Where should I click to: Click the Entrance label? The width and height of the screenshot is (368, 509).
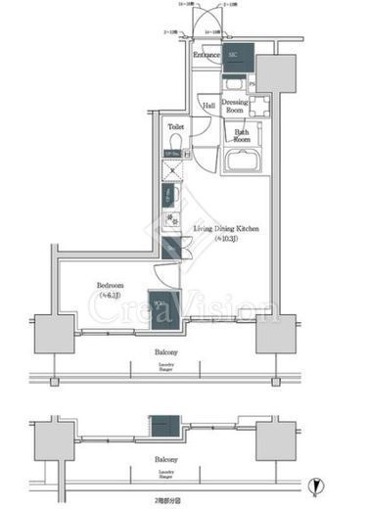(206, 56)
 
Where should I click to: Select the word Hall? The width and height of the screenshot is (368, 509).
(207, 105)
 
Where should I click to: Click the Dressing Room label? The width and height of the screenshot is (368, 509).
(234, 107)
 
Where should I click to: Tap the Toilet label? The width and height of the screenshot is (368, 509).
(176, 127)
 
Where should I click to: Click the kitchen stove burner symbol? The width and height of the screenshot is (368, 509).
(171, 219)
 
